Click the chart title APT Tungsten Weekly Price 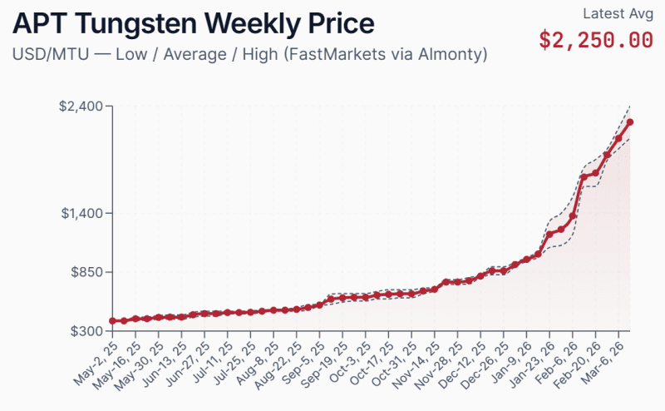[x=193, y=22]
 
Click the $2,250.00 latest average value [x=595, y=39]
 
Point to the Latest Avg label [x=618, y=13]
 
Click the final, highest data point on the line [x=630, y=122]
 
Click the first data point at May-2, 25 [x=112, y=321]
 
